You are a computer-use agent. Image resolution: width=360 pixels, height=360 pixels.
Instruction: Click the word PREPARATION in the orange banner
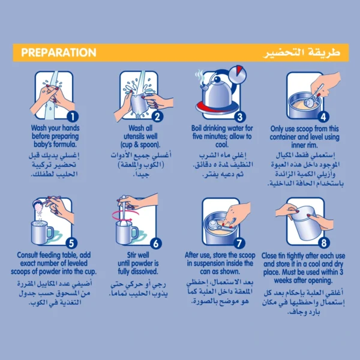coord(59,53)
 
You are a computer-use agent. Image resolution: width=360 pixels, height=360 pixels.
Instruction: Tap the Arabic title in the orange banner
coord(302,53)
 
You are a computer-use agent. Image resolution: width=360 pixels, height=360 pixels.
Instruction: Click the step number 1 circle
coord(73,116)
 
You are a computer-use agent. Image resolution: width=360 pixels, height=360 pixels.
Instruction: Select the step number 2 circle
coord(157,116)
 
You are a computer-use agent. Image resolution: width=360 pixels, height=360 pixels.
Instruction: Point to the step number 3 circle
coord(240,117)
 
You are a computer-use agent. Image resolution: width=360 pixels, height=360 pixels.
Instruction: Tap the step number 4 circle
coord(323,117)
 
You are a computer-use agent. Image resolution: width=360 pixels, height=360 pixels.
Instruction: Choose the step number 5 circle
coord(71,243)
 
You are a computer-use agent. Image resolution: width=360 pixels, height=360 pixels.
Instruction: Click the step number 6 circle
coord(156,244)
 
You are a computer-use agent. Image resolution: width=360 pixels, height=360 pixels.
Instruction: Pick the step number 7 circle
coord(239,244)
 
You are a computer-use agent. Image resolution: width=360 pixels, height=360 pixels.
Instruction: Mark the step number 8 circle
coord(324,242)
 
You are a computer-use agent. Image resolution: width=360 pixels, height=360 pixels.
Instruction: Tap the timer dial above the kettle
coord(238,74)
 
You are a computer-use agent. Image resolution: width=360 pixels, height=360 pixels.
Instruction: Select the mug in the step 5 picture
coord(42,232)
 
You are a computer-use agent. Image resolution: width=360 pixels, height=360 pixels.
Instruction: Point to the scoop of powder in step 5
coord(39,205)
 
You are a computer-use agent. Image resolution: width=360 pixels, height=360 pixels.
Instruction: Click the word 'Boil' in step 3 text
coord(197,128)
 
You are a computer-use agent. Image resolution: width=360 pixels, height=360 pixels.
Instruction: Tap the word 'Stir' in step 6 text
coord(132,255)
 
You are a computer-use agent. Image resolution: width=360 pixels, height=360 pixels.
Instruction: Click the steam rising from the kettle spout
coord(200,77)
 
